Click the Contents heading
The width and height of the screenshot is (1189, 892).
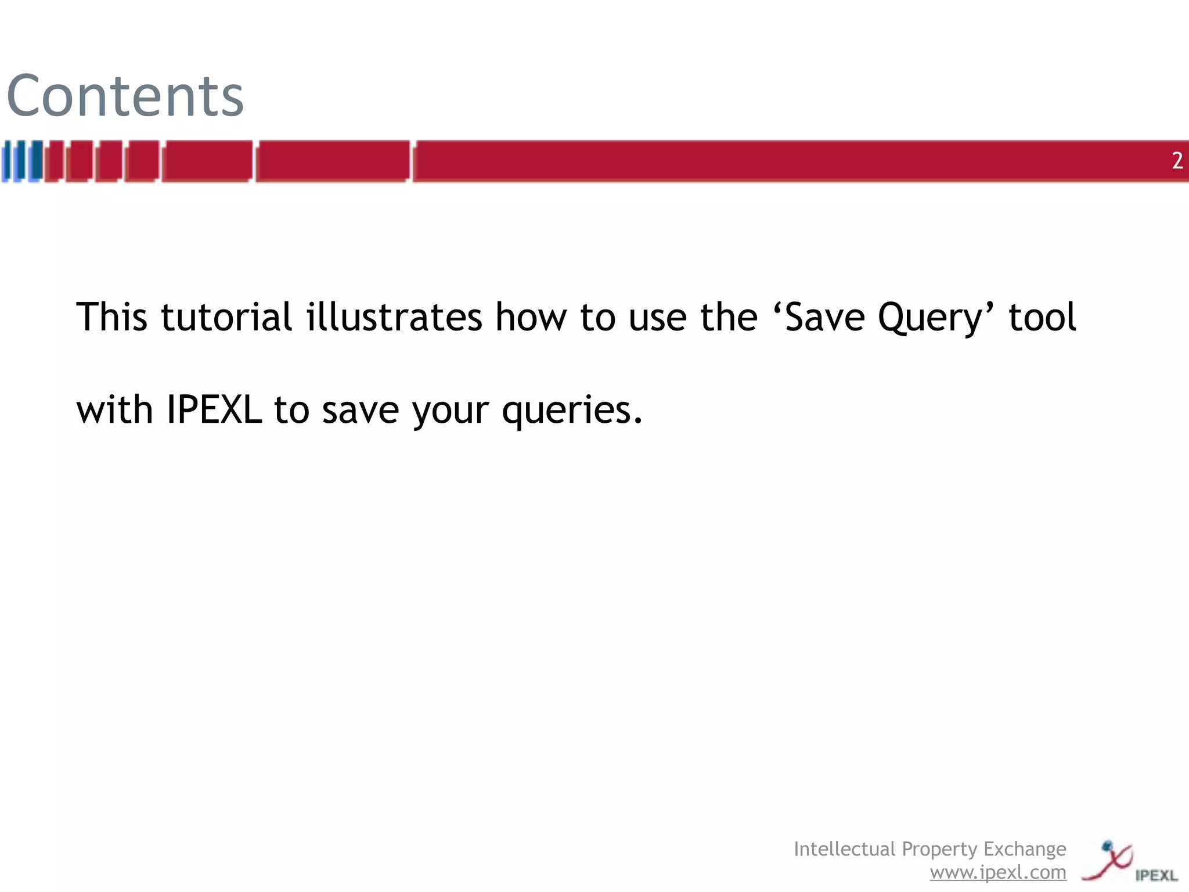(125, 96)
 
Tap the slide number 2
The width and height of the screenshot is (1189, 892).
(1177, 161)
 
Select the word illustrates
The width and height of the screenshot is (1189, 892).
(394, 318)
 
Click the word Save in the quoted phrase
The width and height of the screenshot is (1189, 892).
(824, 318)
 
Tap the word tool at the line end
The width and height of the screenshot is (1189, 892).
(1042, 318)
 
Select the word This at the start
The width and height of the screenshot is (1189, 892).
(111, 318)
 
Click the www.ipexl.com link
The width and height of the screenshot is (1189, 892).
(997, 872)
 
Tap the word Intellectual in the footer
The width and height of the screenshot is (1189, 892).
(845, 849)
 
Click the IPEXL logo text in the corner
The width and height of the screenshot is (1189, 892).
(1156, 875)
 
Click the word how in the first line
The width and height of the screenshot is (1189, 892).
(530, 318)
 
